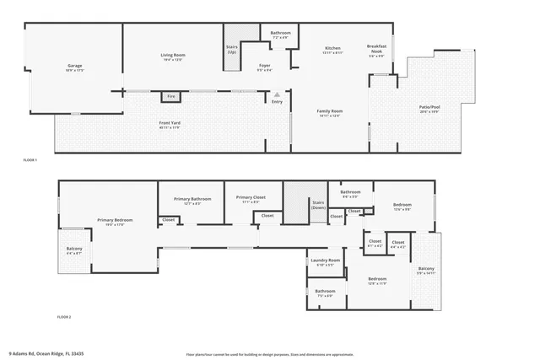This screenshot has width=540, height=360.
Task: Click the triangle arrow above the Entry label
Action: click(x=276, y=94)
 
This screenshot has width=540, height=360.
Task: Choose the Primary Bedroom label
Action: click(x=111, y=222)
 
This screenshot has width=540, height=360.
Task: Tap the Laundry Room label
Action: click(x=325, y=262)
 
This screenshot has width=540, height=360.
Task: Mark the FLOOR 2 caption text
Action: click(x=64, y=316)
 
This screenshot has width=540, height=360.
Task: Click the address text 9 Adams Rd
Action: click(x=46, y=353)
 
